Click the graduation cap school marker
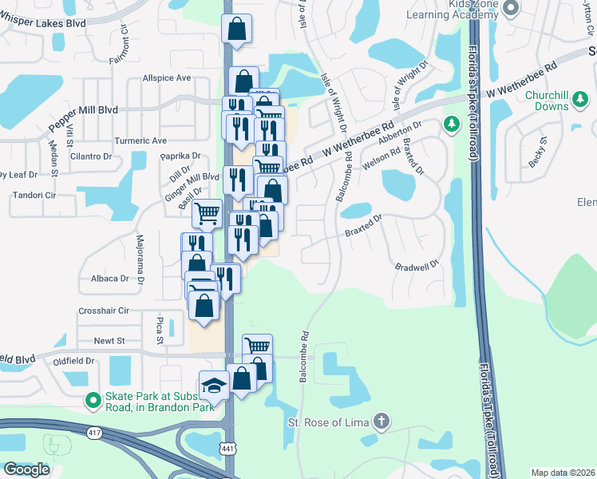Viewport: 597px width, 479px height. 214,386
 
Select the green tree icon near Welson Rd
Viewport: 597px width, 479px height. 452,124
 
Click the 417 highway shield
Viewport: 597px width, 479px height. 94,433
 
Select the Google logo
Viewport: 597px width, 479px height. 26,469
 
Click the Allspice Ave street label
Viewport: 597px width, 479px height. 167,78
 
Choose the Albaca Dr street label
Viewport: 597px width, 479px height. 109,279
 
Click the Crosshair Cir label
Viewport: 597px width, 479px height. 103,311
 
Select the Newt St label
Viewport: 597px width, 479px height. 109,341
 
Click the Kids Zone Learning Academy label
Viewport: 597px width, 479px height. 463,9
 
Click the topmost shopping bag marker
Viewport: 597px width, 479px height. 236,30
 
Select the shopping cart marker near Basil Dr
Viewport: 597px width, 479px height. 207,213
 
